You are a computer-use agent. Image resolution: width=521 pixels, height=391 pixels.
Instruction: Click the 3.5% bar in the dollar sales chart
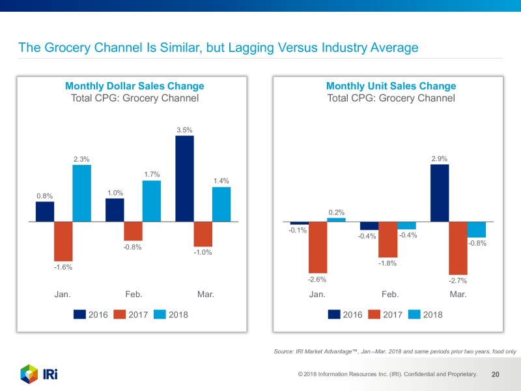pos(185,179)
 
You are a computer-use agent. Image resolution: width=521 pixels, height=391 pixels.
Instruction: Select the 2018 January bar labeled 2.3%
pos(81,193)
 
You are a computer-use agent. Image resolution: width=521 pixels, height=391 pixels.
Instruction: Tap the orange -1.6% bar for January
pos(63,241)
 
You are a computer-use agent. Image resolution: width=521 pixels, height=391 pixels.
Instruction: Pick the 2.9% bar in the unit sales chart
pos(440,193)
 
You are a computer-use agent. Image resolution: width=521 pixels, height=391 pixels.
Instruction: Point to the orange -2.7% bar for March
pos(458,248)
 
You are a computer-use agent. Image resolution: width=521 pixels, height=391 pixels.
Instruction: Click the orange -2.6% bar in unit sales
pos(317,247)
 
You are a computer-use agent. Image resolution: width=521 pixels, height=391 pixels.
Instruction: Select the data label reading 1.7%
pos(152,174)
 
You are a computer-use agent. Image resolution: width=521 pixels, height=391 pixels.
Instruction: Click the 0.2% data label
pos(336,212)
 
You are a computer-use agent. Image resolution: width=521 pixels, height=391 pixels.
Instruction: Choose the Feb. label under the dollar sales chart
pos(134,295)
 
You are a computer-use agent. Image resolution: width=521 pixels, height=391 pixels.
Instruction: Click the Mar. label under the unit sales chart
pos(458,295)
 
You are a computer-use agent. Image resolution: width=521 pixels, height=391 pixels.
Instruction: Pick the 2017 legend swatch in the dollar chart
pos(120,314)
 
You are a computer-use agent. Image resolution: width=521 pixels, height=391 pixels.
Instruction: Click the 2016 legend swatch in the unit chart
pos(334,314)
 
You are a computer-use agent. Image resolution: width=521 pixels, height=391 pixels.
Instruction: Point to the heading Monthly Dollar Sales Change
pos(134,86)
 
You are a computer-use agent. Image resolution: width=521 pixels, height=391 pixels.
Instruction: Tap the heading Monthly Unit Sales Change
pos(391,86)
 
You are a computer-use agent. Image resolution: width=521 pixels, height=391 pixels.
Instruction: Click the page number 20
pos(495,375)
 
